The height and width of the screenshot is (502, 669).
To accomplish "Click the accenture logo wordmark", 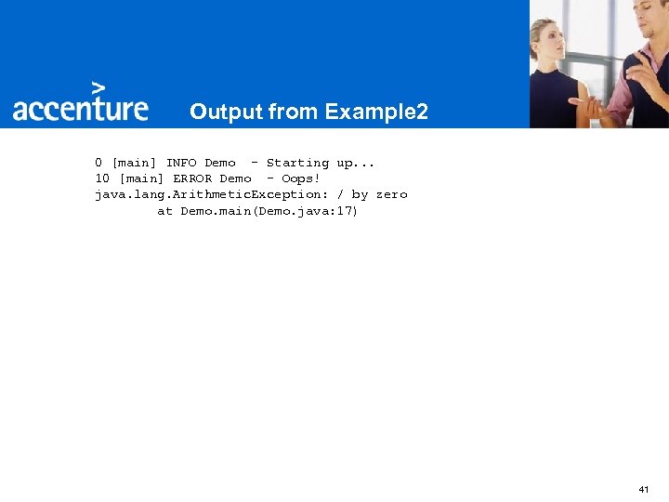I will (x=80, y=109).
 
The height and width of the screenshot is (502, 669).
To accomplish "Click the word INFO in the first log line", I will (x=181, y=163).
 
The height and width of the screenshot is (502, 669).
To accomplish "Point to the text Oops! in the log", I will (x=300, y=178).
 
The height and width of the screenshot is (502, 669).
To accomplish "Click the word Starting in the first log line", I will (x=297, y=163).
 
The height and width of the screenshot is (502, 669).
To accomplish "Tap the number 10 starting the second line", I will (x=102, y=178).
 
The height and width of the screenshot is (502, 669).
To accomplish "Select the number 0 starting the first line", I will (x=98, y=163).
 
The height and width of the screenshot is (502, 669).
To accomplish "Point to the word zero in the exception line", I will (x=391, y=194).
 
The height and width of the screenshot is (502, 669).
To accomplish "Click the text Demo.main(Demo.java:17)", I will (x=269, y=211).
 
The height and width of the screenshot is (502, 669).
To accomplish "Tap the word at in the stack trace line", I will (x=164, y=211).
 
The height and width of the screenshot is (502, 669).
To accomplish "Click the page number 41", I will (x=644, y=488).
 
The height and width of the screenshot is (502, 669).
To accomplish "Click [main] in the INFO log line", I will (x=134, y=163).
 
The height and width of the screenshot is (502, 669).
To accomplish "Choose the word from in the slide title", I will (x=294, y=112).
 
